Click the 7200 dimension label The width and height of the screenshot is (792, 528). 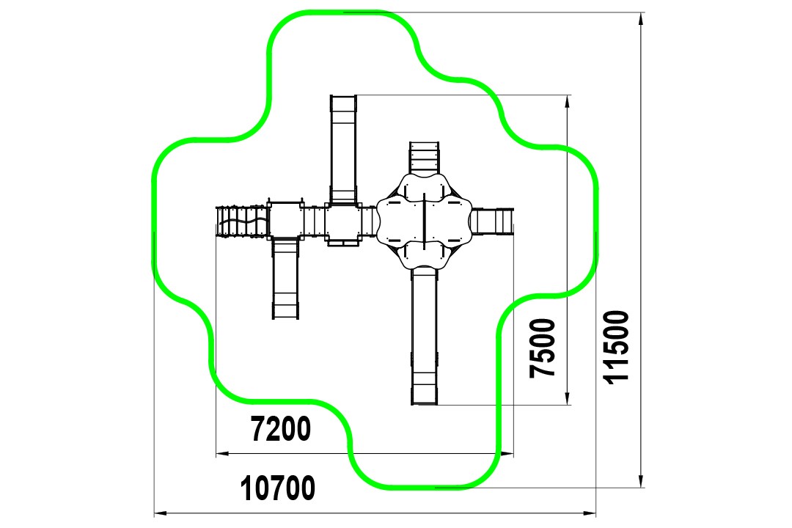click(281, 429)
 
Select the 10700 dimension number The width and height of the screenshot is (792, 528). click(278, 488)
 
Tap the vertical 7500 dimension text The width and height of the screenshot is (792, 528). click(543, 348)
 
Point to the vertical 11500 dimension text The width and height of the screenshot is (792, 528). click(617, 348)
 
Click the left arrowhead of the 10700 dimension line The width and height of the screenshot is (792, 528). click(160, 514)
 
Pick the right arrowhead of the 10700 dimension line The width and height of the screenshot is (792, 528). click(590, 514)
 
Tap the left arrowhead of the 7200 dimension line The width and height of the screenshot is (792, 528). click(222, 454)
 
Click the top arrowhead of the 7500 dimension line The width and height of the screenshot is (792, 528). click(567, 101)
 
